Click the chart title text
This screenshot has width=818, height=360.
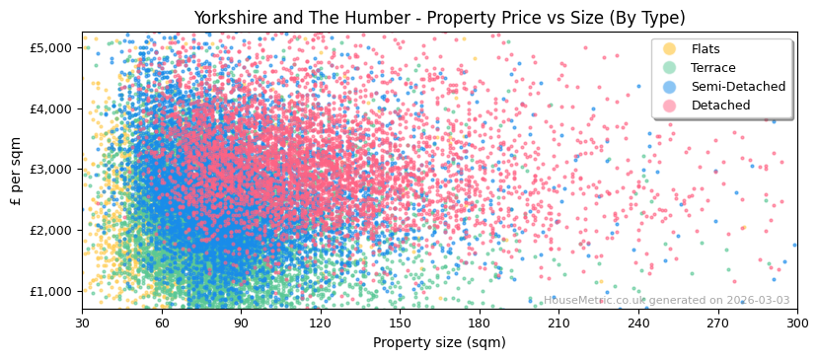[439, 18]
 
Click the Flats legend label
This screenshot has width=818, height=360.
[705, 49]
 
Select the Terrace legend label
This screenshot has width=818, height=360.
[712, 68]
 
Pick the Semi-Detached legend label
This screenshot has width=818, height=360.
[738, 87]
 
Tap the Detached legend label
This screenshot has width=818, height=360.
[720, 106]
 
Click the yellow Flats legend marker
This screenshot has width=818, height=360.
[670, 49]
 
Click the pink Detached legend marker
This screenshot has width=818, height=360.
[670, 106]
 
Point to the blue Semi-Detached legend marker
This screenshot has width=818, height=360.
[670, 87]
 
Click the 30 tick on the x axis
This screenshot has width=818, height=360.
[82, 323]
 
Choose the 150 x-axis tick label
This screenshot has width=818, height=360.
[400, 323]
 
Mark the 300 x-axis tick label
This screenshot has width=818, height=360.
[797, 323]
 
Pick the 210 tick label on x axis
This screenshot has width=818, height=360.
[558, 323]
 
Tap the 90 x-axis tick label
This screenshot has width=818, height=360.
[241, 323]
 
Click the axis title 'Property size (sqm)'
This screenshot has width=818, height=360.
[439, 342]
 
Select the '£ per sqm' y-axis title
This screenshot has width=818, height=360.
[17, 171]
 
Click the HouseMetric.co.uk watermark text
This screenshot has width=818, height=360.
[666, 301]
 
